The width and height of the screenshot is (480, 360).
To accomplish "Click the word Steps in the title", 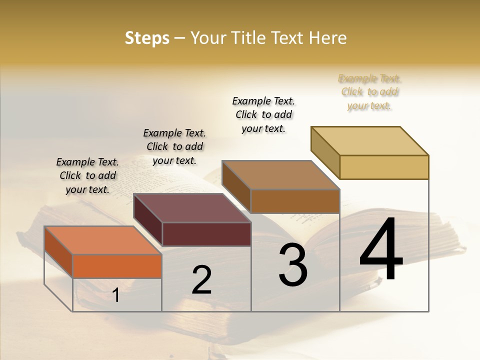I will pos(146,38).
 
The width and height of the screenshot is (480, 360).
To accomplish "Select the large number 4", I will pos(381,250).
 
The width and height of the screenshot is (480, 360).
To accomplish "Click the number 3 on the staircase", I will pos(293,265).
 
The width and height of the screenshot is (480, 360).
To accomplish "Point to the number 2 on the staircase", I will pos(201,280).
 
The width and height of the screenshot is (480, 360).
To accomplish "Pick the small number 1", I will pos(116,295).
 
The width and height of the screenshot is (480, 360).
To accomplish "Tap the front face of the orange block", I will pos(117,266).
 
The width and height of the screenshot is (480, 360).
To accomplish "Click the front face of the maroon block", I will pos(206,234).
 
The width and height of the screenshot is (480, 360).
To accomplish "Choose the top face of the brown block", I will pos(280,174).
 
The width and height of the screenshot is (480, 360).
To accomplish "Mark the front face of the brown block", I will pos(295,201).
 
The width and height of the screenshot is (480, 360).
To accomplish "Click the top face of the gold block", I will pos(369,140).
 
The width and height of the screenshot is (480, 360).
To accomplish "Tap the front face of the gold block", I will pos(384,167).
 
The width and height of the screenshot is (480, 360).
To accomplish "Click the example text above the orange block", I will pos(87,175).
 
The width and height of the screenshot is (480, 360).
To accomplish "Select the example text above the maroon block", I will pos(174,146).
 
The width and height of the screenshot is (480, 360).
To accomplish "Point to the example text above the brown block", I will pos(263,114).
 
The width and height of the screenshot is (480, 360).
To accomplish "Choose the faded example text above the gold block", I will pos(369,92).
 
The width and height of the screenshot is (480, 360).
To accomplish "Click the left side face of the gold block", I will pos(325,152).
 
